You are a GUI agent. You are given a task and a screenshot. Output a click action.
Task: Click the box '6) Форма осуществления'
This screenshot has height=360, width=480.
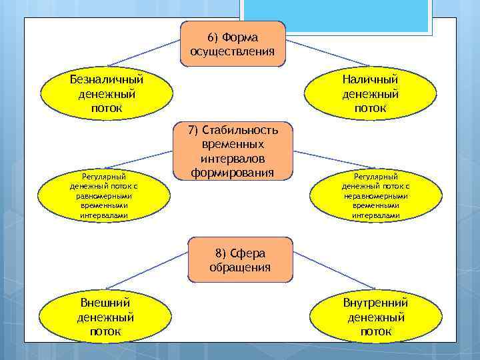[x=232, y=43]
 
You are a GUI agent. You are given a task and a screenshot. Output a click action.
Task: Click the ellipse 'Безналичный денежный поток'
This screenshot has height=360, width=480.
[x=107, y=94]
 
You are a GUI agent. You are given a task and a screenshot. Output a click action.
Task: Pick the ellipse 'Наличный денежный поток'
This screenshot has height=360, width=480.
[x=371, y=94]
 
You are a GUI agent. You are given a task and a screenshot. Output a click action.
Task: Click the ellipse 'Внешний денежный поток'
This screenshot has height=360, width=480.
[x=105, y=317]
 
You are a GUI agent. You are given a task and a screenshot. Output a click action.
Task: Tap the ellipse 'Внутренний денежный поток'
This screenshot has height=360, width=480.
[x=375, y=317]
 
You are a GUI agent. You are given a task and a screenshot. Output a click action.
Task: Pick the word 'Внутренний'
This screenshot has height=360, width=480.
[x=375, y=303]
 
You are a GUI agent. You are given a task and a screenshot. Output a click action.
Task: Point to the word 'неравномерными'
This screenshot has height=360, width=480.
[x=376, y=197]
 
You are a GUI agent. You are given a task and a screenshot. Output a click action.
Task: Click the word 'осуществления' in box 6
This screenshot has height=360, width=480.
[x=232, y=51]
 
